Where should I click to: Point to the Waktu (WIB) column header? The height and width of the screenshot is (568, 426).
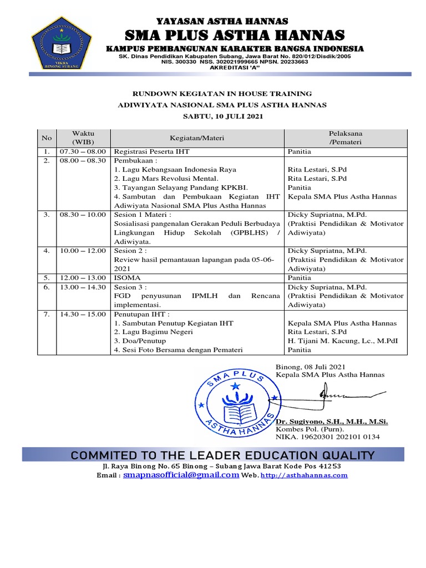83,138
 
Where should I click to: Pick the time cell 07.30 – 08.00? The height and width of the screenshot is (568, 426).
83,151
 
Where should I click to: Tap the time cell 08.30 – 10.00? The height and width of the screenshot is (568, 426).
83,214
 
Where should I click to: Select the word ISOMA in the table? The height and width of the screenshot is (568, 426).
126,277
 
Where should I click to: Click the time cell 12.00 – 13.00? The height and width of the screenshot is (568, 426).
83,277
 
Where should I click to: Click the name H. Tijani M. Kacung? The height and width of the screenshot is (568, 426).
329,341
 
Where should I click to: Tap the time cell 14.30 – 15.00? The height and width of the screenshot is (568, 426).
83,314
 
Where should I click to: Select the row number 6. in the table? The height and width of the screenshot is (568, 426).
46,287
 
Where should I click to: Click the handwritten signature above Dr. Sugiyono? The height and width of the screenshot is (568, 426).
339,395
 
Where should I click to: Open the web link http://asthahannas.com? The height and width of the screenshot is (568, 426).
304,476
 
